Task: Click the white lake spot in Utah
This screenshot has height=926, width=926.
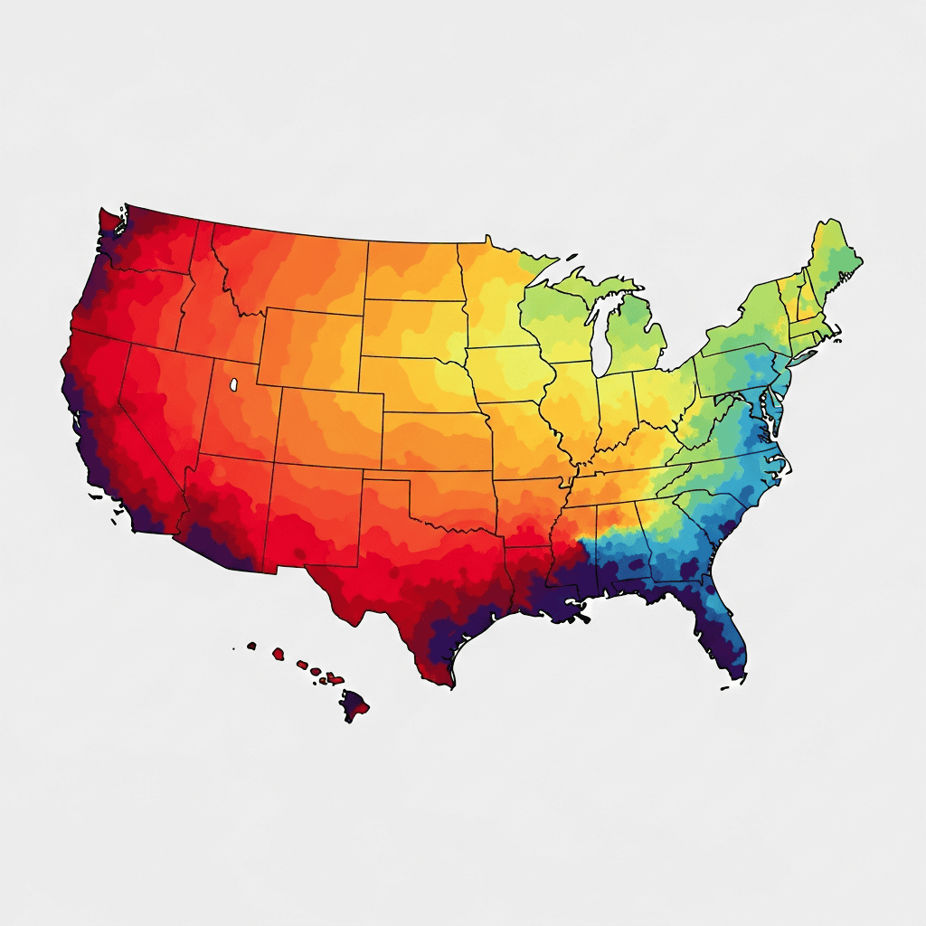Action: click(233, 384)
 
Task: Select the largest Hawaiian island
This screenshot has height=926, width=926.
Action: click(354, 703)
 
